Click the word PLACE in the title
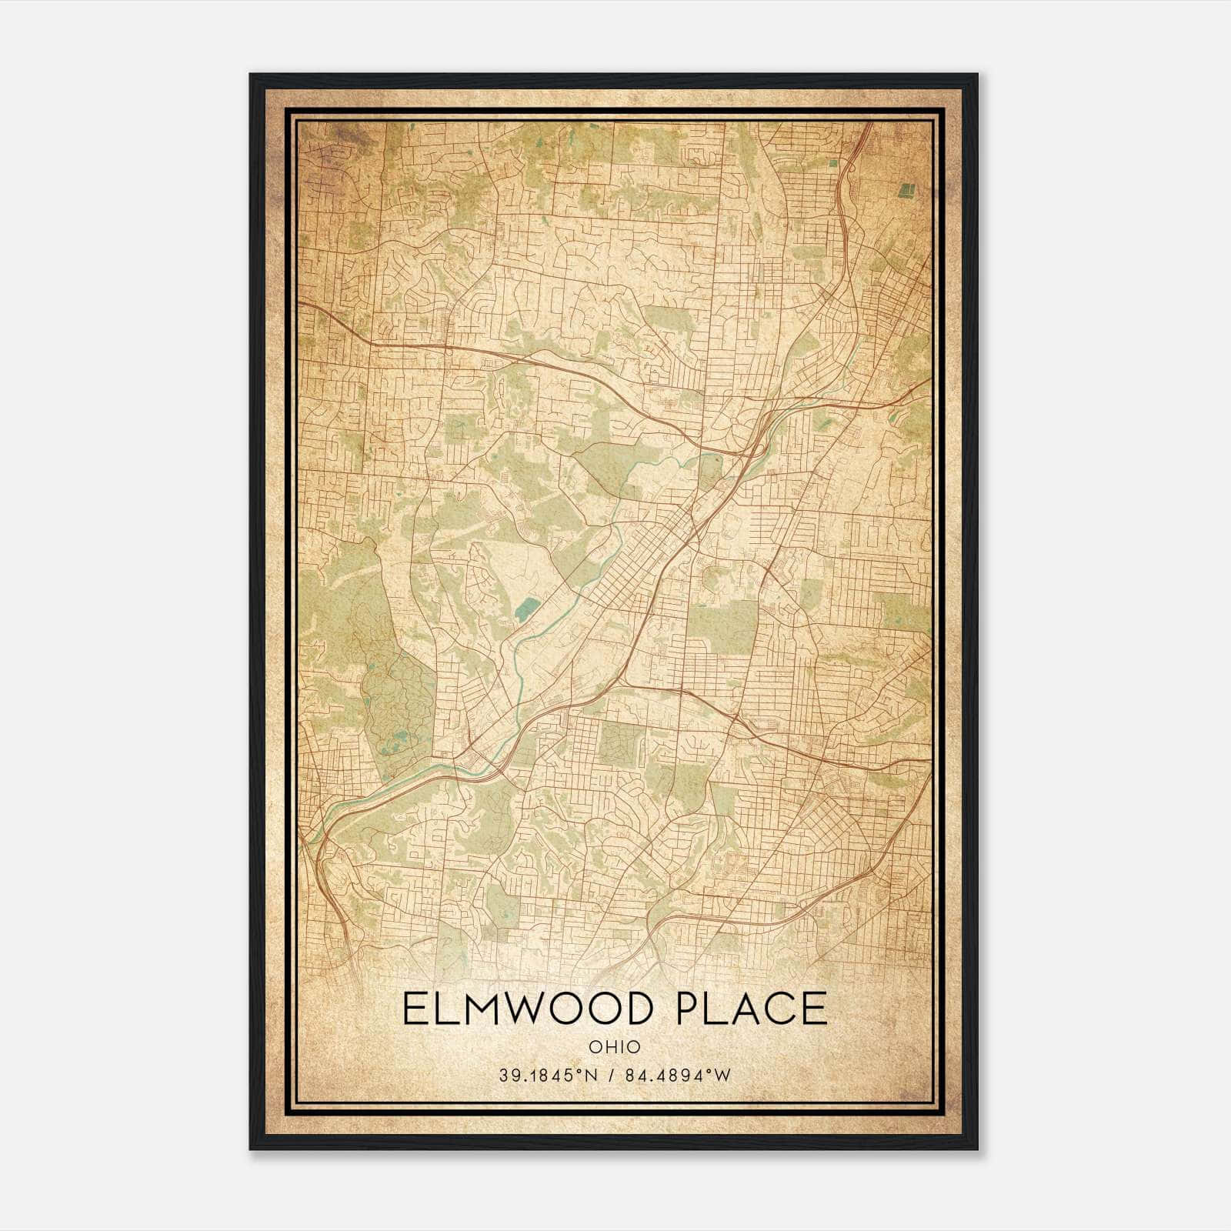752,1009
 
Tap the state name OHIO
614,1046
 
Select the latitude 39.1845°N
548,1076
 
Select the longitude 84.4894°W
677,1076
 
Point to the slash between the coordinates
612,1076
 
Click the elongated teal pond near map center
528,612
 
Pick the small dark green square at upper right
908,189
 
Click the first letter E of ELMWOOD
415,1009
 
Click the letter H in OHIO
608,1046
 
